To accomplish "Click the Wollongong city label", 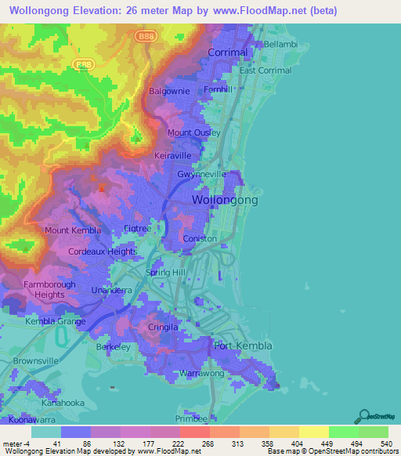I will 225,201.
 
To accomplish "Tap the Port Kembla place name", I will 243,346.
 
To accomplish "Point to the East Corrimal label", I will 266,71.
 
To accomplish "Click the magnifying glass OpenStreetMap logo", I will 363,416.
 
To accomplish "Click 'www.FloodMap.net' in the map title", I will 266,10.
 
